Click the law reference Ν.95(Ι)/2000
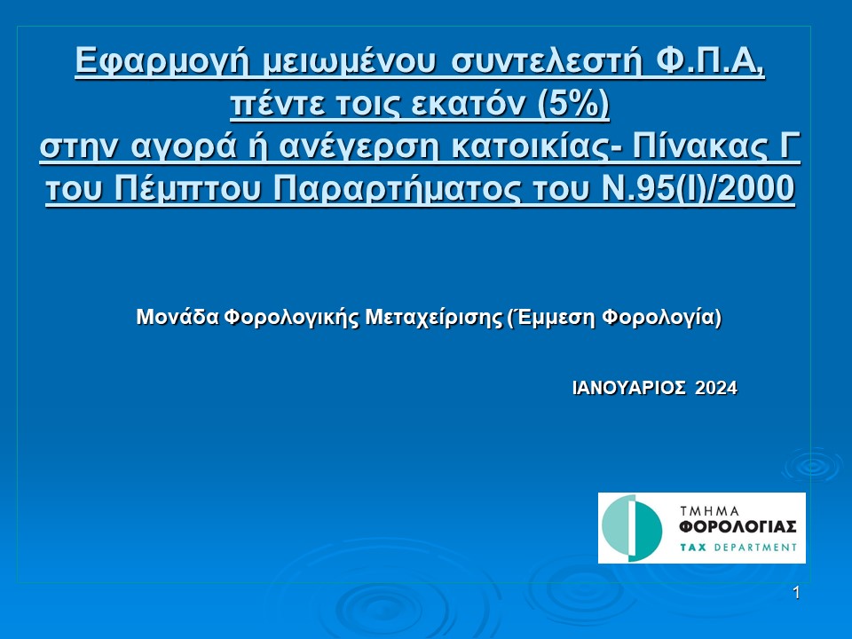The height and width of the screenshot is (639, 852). [x=698, y=189]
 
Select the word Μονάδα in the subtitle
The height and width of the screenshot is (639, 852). [x=177, y=316]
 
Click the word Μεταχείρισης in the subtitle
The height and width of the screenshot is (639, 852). [x=434, y=318]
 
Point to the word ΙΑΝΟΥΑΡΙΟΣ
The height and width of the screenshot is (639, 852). [x=628, y=388]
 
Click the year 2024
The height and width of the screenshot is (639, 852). [x=716, y=388]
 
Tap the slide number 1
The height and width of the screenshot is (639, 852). [x=796, y=593]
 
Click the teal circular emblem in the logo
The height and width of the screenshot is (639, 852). [x=631, y=528]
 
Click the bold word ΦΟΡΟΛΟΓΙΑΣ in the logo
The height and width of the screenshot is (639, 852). [x=738, y=527]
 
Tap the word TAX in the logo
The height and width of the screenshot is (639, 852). [x=693, y=548]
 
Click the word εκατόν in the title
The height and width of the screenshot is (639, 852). [x=468, y=104]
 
